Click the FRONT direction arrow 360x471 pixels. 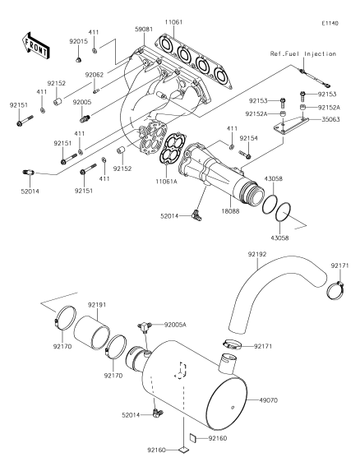(x=35, y=45)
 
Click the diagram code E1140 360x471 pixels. (x=330, y=23)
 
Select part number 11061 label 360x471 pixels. (x=173, y=22)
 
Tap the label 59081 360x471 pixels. (x=144, y=29)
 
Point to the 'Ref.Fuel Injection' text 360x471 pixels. (x=303, y=53)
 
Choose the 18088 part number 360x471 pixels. (x=230, y=211)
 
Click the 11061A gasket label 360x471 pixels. (x=167, y=181)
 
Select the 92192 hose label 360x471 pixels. (x=257, y=254)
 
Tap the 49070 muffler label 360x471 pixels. (x=269, y=400)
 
